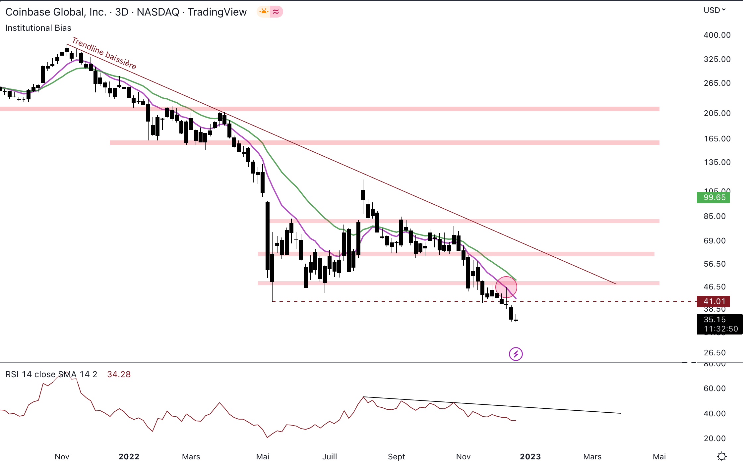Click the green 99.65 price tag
click(x=713, y=197)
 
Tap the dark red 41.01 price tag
click(x=713, y=301)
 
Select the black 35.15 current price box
click(x=719, y=324)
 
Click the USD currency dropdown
click(x=714, y=10)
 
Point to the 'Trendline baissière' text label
click(x=104, y=53)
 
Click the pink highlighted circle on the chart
click(x=506, y=287)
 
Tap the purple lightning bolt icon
click(x=516, y=354)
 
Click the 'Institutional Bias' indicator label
click(x=38, y=28)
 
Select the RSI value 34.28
click(x=119, y=374)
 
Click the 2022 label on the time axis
click(x=129, y=457)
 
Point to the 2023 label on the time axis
click(x=530, y=457)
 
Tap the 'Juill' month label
click(x=330, y=457)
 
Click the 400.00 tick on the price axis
click(x=717, y=35)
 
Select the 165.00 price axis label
click(x=717, y=139)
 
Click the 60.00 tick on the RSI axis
click(x=714, y=388)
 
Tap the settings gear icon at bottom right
click(x=722, y=456)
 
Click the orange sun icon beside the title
click(x=264, y=12)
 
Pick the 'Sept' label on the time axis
click(x=396, y=457)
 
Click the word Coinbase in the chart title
click(x=28, y=12)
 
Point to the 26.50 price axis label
click(x=714, y=353)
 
